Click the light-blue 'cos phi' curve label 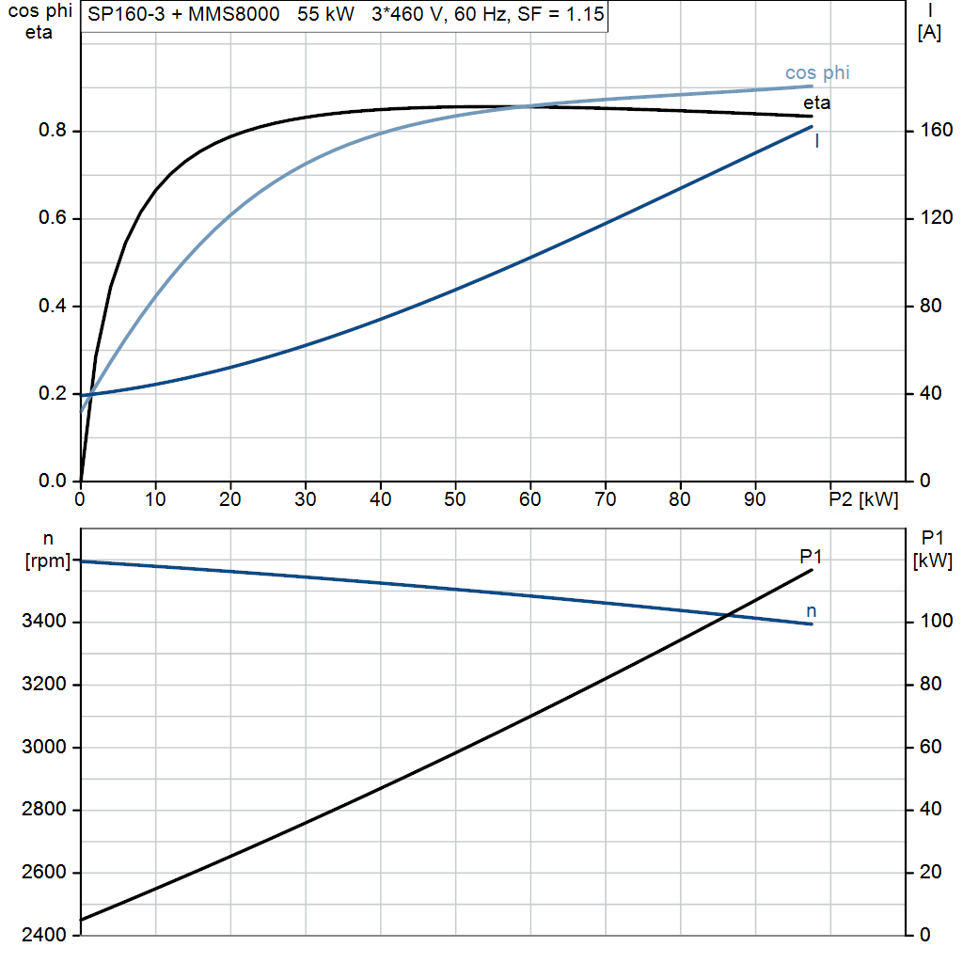tap(817, 73)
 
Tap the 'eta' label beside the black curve tap(817, 103)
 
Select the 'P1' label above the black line tap(811, 557)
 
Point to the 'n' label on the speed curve tap(812, 611)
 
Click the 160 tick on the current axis tap(937, 130)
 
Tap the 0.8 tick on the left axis tap(53, 130)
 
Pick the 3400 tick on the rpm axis tap(43, 621)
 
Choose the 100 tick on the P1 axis tap(937, 621)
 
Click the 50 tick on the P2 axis tap(455, 499)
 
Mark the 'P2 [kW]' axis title tap(863, 499)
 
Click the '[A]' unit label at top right tap(929, 32)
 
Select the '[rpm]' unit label tap(48, 560)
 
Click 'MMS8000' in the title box tap(234, 14)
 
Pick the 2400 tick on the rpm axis tap(43, 935)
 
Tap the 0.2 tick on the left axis tap(53, 393)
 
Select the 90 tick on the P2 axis tap(755, 499)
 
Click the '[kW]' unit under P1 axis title tap(932, 560)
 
